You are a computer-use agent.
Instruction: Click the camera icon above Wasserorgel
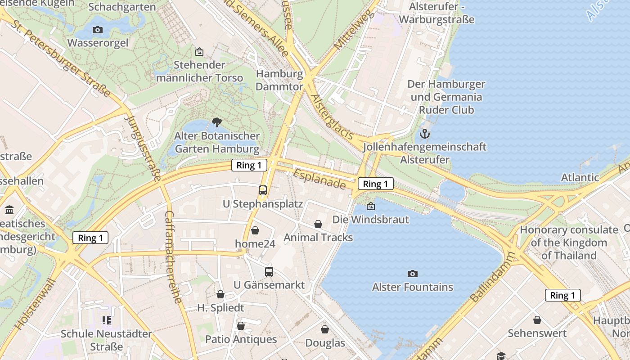click(x=97, y=30)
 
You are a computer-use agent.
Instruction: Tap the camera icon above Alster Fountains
click(x=412, y=274)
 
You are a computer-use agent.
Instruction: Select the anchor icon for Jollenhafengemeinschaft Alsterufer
click(x=424, y=134)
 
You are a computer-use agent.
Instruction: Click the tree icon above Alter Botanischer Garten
click(x=217, y=122)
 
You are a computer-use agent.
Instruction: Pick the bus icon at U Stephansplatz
click(x=263, y=190)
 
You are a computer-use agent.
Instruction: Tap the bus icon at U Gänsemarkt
click(x=269, y=272)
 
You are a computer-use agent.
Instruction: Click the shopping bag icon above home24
click(x=255, y=230)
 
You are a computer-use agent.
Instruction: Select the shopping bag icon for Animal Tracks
click(x=318, y=224)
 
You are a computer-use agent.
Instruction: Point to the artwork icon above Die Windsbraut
click(x=371, y=207)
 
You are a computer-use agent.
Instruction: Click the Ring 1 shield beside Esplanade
click(x=375, y=184)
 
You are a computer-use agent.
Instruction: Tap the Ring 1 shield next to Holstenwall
click(x=90, y=238)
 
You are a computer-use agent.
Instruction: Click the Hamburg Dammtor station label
click(x=279, y=80)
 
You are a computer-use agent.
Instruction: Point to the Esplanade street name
click(x=319, y=179)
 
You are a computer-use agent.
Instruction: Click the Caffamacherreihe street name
click(x=173, y=256)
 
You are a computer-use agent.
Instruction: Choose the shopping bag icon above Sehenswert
click(x=537, y=320)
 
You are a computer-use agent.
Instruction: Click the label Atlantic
click(x=580, y=177)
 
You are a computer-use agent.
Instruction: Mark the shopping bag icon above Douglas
click(x=325, y=330)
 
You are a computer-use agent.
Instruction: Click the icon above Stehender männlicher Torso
click(x=199, y=52)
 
